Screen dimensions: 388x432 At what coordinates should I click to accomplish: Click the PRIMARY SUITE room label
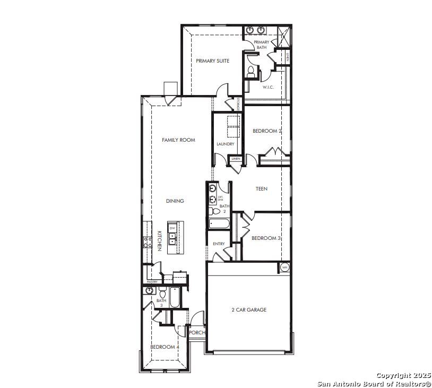pos(212,61)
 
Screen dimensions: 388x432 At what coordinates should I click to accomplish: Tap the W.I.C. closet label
pos(268,87)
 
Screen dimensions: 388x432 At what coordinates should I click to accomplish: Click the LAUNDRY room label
pos(225,144)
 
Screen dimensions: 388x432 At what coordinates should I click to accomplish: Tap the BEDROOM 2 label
pos(267,131)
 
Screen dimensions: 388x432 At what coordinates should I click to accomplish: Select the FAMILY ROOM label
pos(178,140)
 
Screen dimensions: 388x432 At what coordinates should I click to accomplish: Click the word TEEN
pos(261,189)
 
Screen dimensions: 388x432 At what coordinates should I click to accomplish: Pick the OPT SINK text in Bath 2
pos(220,199)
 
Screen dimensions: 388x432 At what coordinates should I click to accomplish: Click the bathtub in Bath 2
pos(218,224)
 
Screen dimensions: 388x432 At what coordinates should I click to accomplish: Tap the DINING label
pos(175,201)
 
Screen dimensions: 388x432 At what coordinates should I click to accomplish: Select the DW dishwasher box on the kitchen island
pos(172,228)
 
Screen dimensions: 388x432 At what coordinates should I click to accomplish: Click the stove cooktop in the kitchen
pos(147,243)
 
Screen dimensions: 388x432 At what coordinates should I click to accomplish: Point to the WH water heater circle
pos(284,267)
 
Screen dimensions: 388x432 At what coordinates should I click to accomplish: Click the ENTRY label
pos(219,244)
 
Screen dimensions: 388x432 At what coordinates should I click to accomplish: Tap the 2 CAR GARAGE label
pos(248,309)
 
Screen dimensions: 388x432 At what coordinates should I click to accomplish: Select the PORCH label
pos(197,333)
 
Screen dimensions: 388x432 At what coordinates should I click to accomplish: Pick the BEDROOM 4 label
pos(165,347)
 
